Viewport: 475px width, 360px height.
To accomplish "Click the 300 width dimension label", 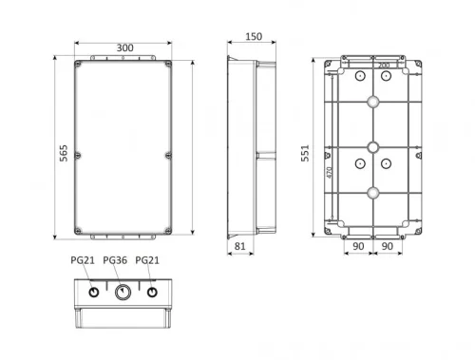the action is click(x=125, y=48).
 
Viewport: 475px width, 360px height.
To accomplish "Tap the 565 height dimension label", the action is click(x=64, y=153).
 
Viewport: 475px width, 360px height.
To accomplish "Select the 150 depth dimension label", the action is click(x=254, y=37).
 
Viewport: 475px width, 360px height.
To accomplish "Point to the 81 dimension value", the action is click(x=239, y=246).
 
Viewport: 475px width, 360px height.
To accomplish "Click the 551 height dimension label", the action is click(x=305, y=153).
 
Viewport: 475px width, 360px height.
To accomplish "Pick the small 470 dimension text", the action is click(x=330, y=173).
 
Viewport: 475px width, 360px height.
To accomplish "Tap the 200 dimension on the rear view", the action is click(x=384, y=66).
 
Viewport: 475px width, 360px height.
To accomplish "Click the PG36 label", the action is click(x=115, y=260).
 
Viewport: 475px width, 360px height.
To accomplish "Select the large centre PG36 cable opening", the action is click(x=123, y=292).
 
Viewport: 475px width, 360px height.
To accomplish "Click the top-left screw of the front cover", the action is click(x=78, y=65).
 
